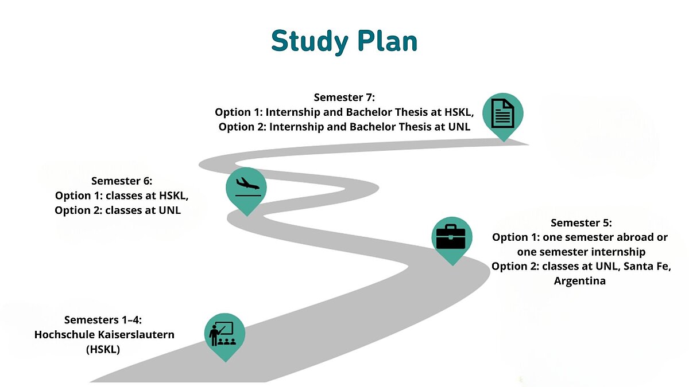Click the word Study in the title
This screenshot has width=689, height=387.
[309, 42]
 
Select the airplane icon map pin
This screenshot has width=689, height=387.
[246, 191]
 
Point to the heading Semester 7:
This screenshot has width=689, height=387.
[344, 97]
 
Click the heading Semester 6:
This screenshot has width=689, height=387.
[122, 181]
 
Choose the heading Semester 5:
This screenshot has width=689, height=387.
[581, 222]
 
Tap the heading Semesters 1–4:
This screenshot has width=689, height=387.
[103, 320]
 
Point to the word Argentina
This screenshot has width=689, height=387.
[580, 281]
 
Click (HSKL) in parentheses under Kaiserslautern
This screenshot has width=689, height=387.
[103, 350]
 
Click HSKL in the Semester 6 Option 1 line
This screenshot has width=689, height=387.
[173, 196]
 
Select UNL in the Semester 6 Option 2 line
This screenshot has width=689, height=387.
[169, 210]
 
